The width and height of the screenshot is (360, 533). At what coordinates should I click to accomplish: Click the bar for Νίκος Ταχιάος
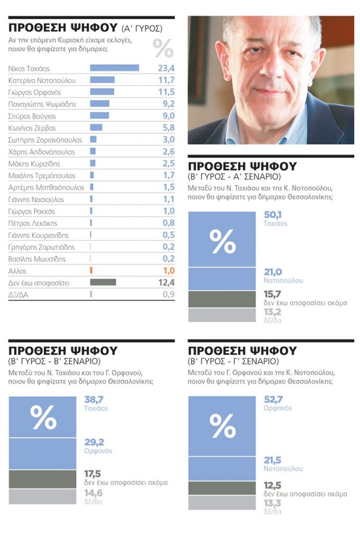[x=114, y=68]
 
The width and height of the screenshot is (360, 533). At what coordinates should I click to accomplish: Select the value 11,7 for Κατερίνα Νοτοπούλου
[x=166, y=80]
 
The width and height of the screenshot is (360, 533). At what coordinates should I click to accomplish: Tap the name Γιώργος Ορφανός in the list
[x=34, y=93]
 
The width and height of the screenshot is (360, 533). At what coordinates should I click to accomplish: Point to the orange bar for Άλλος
[x=91, y=271]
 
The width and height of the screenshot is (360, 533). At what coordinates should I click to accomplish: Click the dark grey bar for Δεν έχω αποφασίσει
[x=103, y=282]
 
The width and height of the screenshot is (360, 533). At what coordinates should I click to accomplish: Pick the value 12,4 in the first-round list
[x=166, y=283]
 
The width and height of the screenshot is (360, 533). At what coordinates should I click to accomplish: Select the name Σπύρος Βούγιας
[x=32, y=116]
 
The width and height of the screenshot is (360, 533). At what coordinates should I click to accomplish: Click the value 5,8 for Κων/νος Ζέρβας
[x=168, y=128]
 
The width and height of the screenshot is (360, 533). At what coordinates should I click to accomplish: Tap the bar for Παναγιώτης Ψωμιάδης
[x=100, y=104]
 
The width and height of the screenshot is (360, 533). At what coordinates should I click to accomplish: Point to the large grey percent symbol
[x=163, y=48]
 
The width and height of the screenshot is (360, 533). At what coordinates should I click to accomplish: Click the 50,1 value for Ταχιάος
[x=272, y=215]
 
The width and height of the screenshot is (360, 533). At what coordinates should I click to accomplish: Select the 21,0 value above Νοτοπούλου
[x=272, y=272]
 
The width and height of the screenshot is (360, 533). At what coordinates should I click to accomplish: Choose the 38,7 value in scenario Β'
[x=94, y=399]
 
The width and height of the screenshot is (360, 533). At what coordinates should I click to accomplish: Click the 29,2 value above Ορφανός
[x=94, y=442]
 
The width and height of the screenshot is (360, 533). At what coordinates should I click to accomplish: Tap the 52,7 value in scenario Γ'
[x=273, y=399]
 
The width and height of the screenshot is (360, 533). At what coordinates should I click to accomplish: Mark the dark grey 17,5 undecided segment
[x=43, y=479]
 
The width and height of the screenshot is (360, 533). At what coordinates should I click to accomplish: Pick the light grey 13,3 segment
[x=222, y=502]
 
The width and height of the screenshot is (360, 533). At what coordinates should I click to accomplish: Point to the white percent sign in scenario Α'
[x=222, y=242]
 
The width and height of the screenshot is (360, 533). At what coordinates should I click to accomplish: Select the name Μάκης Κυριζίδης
[x=34, y=164]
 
